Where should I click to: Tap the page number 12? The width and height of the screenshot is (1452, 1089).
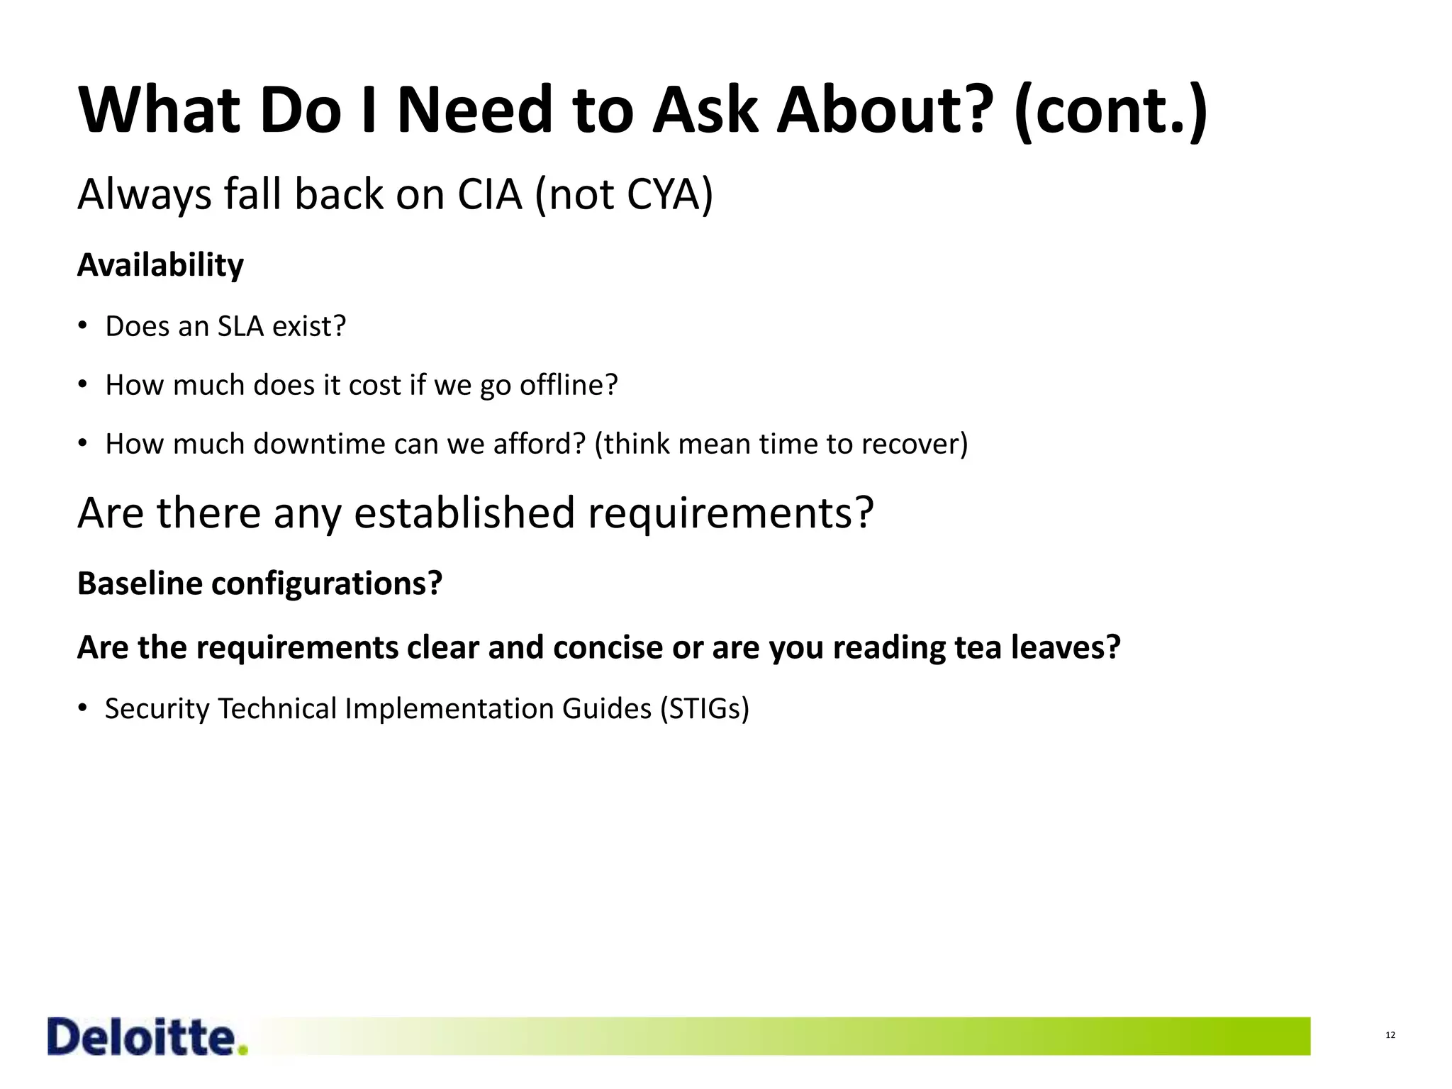tap(1390, 1035)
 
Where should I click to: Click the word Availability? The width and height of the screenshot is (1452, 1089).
tap(160, 266)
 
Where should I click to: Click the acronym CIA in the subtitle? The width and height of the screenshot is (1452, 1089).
tap(489, 194)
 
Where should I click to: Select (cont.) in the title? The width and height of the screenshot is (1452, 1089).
tap(1111, 111)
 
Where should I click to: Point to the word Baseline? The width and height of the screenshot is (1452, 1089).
tap(140, 584)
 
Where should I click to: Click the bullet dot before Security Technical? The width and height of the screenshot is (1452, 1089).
tap(83, 708)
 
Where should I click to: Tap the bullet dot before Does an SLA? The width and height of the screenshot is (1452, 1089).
tap(83, 326)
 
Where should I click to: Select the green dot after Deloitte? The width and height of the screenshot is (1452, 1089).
tap(243, 1050)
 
